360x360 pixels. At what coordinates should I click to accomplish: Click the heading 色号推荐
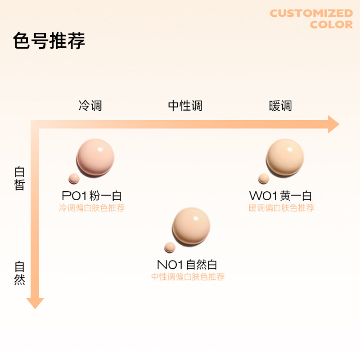point(49,41)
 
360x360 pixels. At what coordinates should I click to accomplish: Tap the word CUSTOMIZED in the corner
point(311,13)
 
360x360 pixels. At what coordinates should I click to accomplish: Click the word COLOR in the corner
point(331,25)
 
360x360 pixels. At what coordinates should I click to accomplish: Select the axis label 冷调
point(90,106)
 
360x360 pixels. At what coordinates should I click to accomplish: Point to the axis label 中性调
point(185,106)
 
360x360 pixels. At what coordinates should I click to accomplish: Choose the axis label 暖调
point(280,106)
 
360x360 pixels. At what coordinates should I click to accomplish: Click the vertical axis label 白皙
point(19,179)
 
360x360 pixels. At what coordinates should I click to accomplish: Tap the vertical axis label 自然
point(19,273)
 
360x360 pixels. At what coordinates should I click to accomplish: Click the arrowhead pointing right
point(333,124)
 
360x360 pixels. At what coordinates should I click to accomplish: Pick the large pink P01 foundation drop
point(95,157)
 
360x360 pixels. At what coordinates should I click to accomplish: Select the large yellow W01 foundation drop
point(285,157)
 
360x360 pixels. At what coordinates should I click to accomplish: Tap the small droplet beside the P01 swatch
point(73,179)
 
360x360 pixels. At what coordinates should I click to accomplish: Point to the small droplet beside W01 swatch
point(264,179)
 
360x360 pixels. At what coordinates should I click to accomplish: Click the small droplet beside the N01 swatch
point(170,247)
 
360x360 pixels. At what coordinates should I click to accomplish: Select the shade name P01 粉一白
point(92,196)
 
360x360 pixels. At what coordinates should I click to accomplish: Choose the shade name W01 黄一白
point(280,196)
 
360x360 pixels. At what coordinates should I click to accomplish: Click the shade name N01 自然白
point(187,265)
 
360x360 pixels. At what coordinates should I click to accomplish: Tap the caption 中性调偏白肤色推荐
point(188,277)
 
